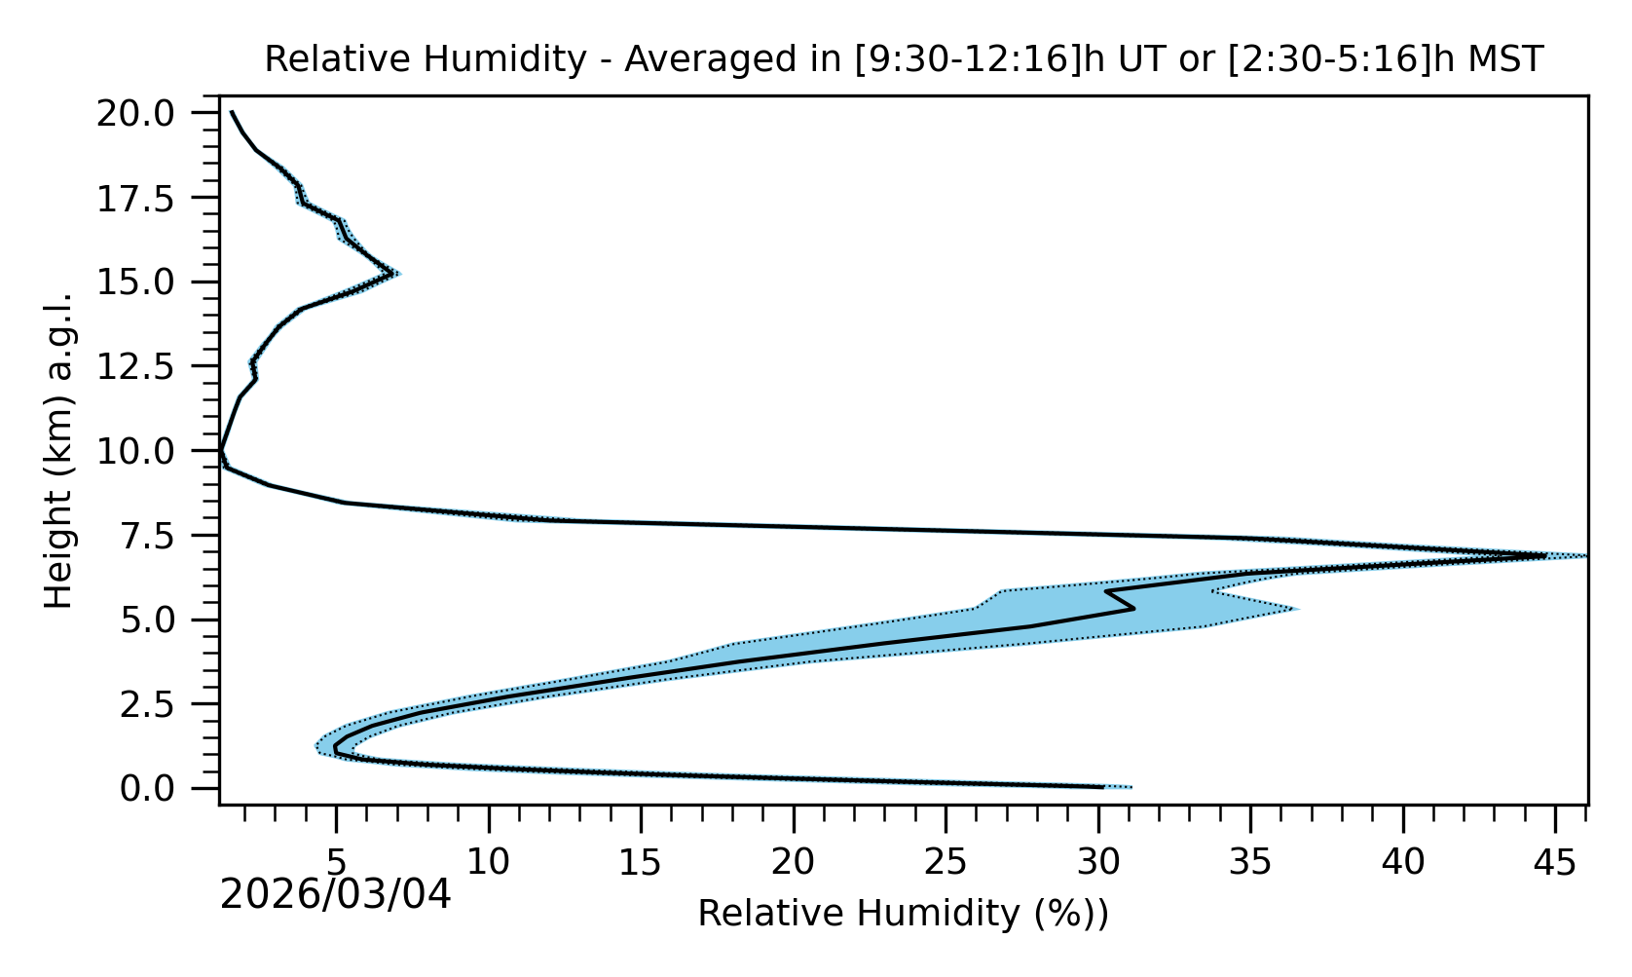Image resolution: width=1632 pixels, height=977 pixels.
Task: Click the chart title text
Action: (x=904, y=59)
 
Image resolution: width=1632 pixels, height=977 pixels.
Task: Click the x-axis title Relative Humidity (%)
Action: (x=903, y=914)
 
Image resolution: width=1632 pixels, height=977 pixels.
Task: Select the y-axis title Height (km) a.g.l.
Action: (x=60, y=450)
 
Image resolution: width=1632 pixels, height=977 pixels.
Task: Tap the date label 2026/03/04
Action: (x=336, y=895)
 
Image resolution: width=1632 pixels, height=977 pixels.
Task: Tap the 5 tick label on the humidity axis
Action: (x=336, y=861)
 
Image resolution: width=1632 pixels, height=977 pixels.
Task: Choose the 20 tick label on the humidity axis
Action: (x=793, y=861)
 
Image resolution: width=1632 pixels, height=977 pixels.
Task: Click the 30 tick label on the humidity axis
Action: (x=1098, y=861)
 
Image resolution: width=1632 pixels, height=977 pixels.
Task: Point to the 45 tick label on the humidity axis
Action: (x=1555, y=861)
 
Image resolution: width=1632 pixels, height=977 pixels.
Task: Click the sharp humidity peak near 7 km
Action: (x=1545, y=556)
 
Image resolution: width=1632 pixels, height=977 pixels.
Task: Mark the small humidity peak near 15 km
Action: (x=393, y=274)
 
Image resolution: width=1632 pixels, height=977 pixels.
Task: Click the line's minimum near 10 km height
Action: (x=221, y=452)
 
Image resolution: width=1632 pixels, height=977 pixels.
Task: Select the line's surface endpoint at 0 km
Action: (x=1103, y=786)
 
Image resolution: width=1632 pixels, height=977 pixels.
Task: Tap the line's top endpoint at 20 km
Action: (x=232, y=112)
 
